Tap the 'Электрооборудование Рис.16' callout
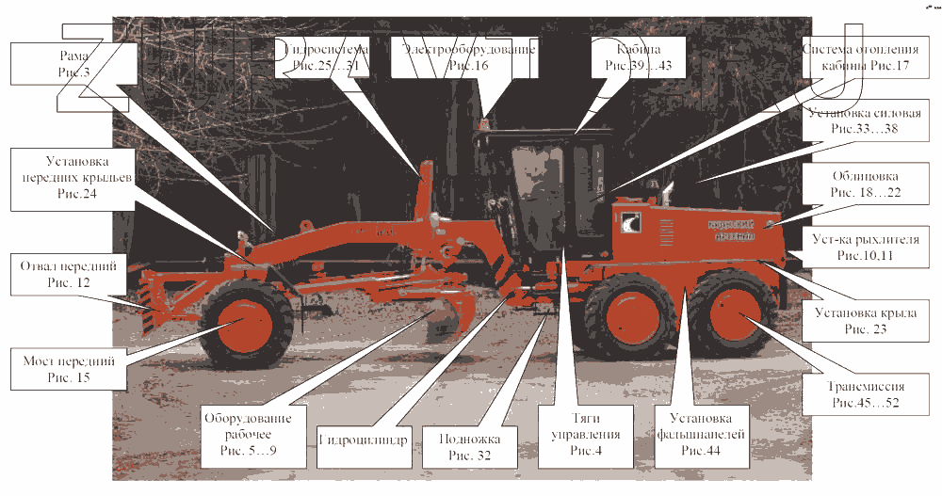click(x=468, y=56)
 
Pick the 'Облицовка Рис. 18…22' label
click(x=866, y=184)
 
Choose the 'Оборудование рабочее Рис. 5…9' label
click(x=248, y=435)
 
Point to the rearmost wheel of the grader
click(x=738, y=318)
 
